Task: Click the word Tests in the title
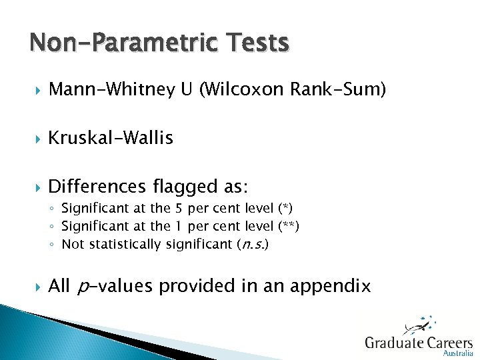click(255, 43)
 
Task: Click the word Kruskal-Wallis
click(111, 138)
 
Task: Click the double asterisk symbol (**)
click(289, 227)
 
